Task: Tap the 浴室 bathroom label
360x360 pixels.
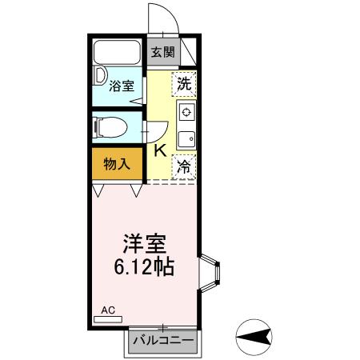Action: (x=122, y=86)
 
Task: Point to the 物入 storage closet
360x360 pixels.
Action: (x=117, y=164)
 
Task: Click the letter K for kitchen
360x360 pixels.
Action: (x=159, y=149)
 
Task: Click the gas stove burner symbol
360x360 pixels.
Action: (x=186, y=111)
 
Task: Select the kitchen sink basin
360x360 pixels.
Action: (x=186, y=138)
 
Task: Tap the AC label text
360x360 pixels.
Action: (x=108, y=307)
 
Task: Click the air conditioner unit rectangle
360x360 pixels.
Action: (x=108, y=318)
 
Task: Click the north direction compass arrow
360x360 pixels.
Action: (x=255, y=338)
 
